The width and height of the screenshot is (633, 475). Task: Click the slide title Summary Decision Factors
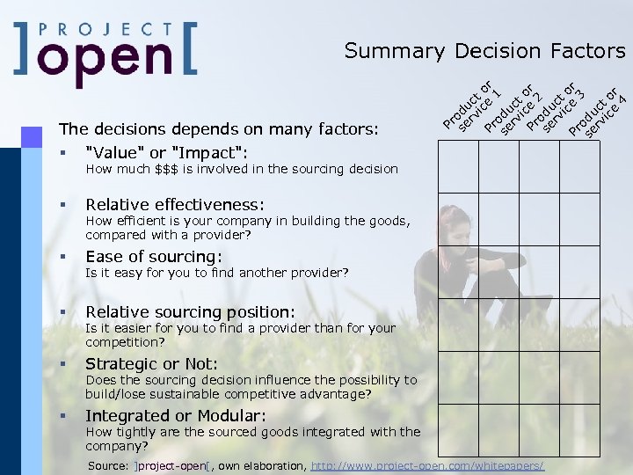click(484, 51)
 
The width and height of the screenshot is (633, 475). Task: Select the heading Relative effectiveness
click(174, 205)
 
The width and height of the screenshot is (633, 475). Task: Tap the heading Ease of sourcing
click(153, 257)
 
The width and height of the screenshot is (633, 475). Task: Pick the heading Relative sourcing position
click(190, 311)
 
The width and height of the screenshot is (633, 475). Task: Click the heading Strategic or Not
click(151, 363)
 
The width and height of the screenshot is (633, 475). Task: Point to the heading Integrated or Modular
click(176, 415)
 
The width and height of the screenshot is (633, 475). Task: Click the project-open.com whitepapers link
click(428, 464)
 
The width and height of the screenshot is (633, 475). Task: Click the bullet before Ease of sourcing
click(63, 258)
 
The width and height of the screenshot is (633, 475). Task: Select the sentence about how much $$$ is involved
click(241, 169)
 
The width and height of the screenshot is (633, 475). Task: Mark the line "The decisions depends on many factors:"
click(218, 129)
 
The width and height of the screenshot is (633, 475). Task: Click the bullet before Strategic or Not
click(63, 364)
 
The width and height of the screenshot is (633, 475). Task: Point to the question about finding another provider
click(216, 273)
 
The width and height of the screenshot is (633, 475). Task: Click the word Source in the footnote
click(109, 464)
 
